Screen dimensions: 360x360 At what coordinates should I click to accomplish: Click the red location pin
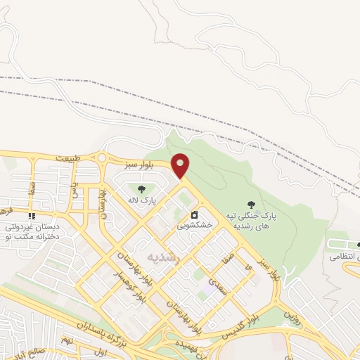(x=181, y=165)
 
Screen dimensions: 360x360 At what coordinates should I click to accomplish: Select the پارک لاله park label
(x=142, y=201)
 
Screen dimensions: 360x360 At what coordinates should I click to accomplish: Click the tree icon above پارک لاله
(x=142, y=189)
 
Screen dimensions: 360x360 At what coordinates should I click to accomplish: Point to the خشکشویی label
(x=192, y=226)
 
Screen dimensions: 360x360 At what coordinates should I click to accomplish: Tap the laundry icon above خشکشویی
(x=193, y=214)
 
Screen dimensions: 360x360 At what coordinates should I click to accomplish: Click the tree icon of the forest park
(x=251, y=205)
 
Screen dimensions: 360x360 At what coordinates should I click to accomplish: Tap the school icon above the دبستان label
(x=31, y=215)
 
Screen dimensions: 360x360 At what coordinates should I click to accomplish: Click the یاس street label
(x=73, y=184)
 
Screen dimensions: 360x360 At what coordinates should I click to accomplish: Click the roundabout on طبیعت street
(x=103, y=158)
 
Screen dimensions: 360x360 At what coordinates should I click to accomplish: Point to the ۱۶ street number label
(x=248, y=268)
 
